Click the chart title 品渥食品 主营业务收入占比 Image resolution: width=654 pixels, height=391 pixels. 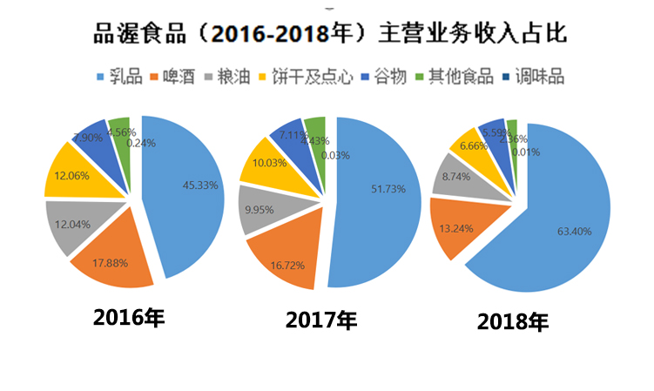click(330, 34)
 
